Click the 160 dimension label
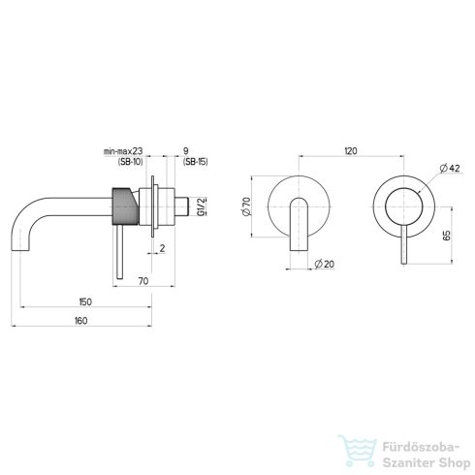81,321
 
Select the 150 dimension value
85,301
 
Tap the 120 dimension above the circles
351,151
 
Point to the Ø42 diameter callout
450,169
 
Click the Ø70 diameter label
246,206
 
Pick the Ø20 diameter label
325,264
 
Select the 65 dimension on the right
447,236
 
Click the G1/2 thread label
202,206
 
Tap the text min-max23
123,151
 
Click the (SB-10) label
130,162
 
